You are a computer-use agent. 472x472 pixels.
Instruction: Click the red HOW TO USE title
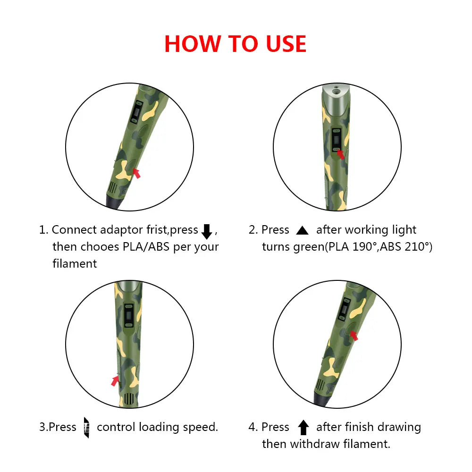tap(235, 44)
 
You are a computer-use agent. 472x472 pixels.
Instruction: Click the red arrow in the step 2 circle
tap(340, 154)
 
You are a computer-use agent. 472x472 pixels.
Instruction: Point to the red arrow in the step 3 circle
tap(115, 380)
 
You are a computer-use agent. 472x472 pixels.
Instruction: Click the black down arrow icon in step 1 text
tap(207, 231)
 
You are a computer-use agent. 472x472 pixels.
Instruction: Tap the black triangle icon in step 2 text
tap(302, 230)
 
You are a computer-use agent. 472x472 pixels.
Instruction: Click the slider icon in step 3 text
tap(86, 428)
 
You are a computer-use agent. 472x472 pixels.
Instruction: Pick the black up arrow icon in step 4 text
tap(303, 428)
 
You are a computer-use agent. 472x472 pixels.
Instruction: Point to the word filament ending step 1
tap(75, 263)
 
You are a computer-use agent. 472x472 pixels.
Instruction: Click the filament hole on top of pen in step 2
tap(336, 88)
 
